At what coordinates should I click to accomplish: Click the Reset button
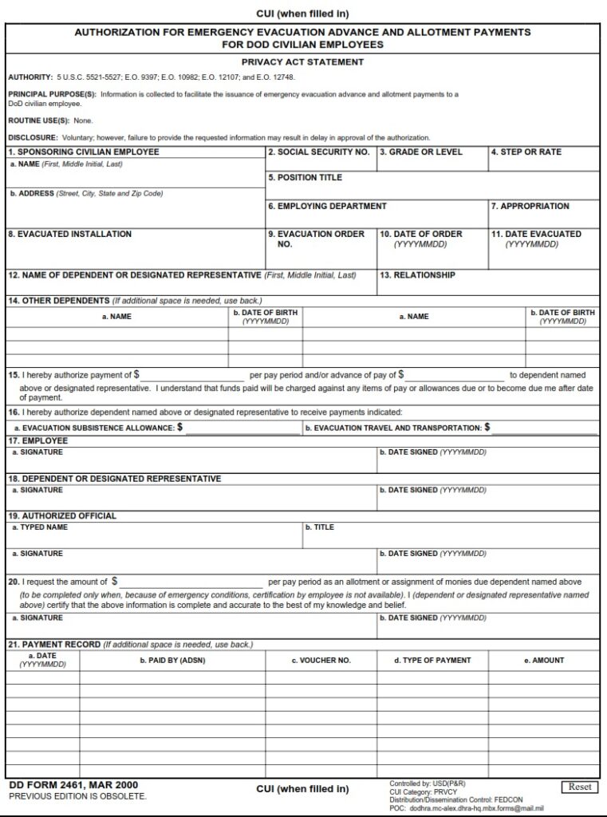coord(579,787)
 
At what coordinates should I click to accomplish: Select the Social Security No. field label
coord(318,152)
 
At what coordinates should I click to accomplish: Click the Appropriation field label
coord(530,206)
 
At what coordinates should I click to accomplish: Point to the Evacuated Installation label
coord(69,234)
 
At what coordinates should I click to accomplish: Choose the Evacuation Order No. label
coord(316,239)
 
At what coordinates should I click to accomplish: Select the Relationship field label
coord(417,275)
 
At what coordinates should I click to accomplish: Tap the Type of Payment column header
coord(432,660)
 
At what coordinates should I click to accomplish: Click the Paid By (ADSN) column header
coord(172,660)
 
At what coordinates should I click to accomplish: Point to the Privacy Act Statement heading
coord(302,61)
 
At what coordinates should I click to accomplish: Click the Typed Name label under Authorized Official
coord(39,527)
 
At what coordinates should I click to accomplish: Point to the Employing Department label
coord(327,206)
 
